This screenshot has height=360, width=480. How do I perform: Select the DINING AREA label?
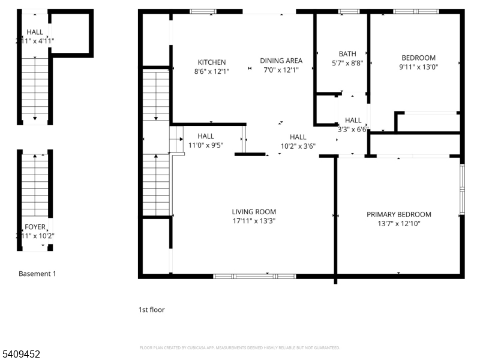point(281,61)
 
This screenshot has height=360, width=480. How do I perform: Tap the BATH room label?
point(347,54)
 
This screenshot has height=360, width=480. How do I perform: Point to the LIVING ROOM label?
point(254,212)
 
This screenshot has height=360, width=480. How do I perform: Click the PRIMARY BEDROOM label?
point(398,214)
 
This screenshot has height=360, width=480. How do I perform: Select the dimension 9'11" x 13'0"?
point(418,67)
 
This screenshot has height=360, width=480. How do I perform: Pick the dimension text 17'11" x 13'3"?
point(254,221)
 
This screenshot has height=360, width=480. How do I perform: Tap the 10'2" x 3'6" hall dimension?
point(298,146)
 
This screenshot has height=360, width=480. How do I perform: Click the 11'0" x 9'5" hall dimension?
point(205,145)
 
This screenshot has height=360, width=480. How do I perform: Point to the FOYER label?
point(35,227)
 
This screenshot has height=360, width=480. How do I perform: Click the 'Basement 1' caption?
point(37,274)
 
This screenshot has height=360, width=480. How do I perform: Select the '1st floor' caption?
point(151,310)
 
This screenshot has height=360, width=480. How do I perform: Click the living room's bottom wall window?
point(254,276)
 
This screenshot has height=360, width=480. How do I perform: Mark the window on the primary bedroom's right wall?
point(461,189)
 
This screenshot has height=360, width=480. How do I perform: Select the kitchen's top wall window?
point(203,11)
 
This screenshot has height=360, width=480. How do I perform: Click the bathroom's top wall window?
point(348,11)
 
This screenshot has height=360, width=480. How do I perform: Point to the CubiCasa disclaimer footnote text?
point(240,347)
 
